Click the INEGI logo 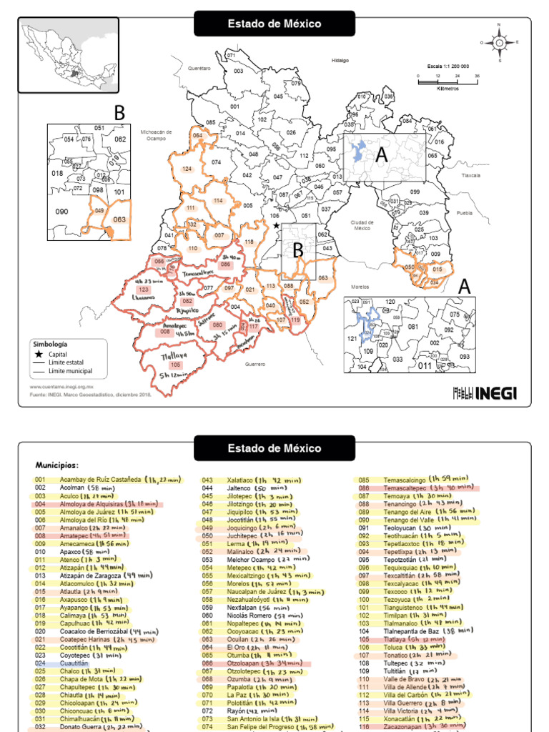pos(485,392)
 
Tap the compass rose pos(499,42)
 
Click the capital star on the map pos(276,226)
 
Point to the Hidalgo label pos(340,61)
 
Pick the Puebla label pos(465,213)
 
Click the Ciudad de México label pos(362,225)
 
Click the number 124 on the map pos(187,169)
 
